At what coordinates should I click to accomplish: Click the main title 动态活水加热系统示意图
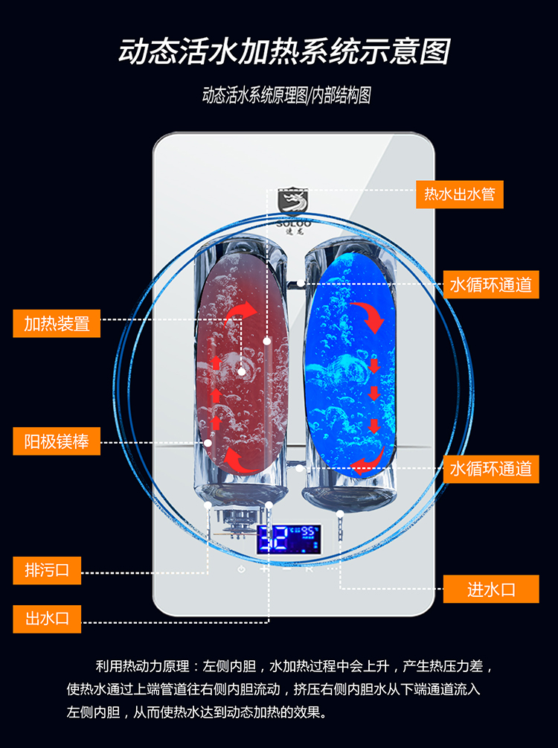[284, 52]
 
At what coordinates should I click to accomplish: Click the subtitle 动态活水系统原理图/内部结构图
[286, 96]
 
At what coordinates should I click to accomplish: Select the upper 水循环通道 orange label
[490, 284]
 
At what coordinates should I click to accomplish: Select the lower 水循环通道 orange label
[490, 469]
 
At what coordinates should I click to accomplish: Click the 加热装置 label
[57, 324]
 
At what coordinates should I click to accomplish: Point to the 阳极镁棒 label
[57, 442]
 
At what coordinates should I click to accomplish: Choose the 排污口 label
[47, 571]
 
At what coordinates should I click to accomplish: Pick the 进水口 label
[490, 589]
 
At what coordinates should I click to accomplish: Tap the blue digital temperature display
[289, 538]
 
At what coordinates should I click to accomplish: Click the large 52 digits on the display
[273, 539]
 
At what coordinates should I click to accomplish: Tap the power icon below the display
[241, 569]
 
